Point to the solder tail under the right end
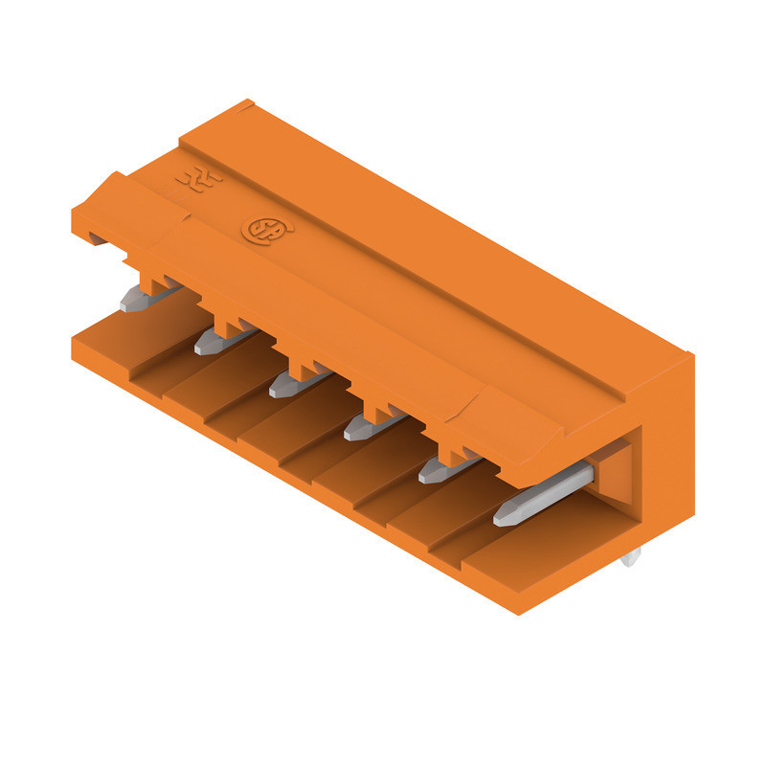(629, 557)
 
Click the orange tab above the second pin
(227, 325)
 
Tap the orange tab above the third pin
(303, 368)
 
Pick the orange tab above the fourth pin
(377, 412)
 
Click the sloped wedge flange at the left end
(110, 206)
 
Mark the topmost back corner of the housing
(248, 101)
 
